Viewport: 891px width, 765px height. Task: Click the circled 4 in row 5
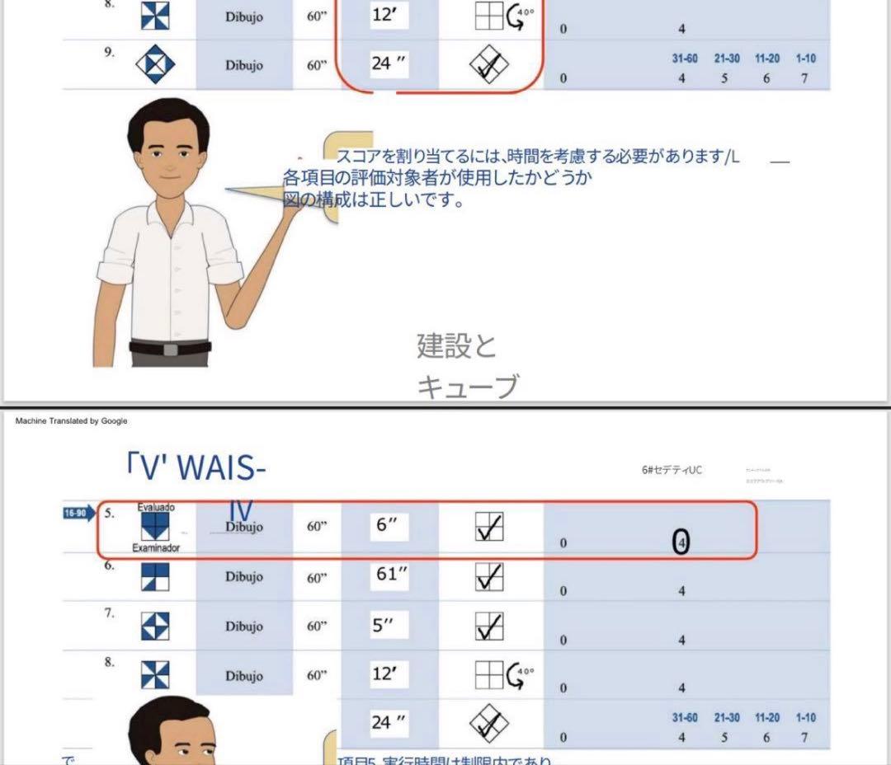click(x=681, y=542)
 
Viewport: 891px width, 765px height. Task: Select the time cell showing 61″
click(x=389, y=575)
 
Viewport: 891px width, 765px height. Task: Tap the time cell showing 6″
click(x=388, y=526)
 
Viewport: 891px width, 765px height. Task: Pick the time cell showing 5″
click(x=384, y=626)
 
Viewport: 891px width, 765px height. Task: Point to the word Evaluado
click(x=156, y=507)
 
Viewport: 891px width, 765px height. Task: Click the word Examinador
click(x=156, y=547)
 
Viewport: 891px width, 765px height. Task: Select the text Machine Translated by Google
click(x=71, y=421)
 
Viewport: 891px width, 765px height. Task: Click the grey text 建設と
click(x=457, y=346)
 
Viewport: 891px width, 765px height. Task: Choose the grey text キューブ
click(x=468, y=386)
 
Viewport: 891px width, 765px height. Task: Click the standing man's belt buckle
click(x=171, y=350)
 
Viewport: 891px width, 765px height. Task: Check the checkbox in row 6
click(x=489, y=576)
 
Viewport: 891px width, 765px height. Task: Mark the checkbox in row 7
click(x=489, y=627)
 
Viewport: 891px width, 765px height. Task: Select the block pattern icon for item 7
click(x=156, y=627)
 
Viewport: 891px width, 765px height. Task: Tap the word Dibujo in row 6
click(x=243, y=577)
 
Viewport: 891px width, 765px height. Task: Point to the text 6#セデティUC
click(x=672, y=471)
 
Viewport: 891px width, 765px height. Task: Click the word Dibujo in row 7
click(x=243, y=627)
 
